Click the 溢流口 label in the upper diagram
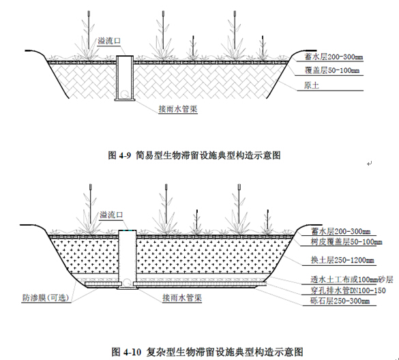tap(109, 41)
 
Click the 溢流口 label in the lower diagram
tap(111, 215)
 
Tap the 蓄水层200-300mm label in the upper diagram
tap(334, 57)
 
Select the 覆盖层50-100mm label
tap(332, 70)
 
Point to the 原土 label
tap(312, 85)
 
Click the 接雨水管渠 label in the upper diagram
tap(178, 109)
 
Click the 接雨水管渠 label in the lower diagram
tap(182, 298)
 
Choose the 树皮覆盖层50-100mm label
tap(346, 241)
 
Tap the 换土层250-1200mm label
tap(342, 260)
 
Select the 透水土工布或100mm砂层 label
tap(352, 280)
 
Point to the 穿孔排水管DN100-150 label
tap(348, 290)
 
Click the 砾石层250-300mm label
tap(340, 301)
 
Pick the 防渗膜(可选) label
tap(46, 298)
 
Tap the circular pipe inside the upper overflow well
tap(125, 94)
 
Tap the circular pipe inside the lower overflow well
tap(127, 282)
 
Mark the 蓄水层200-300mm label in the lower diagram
tap(341, 232)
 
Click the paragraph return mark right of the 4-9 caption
tap(370, 164)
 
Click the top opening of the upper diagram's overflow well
tap(125, 56)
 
